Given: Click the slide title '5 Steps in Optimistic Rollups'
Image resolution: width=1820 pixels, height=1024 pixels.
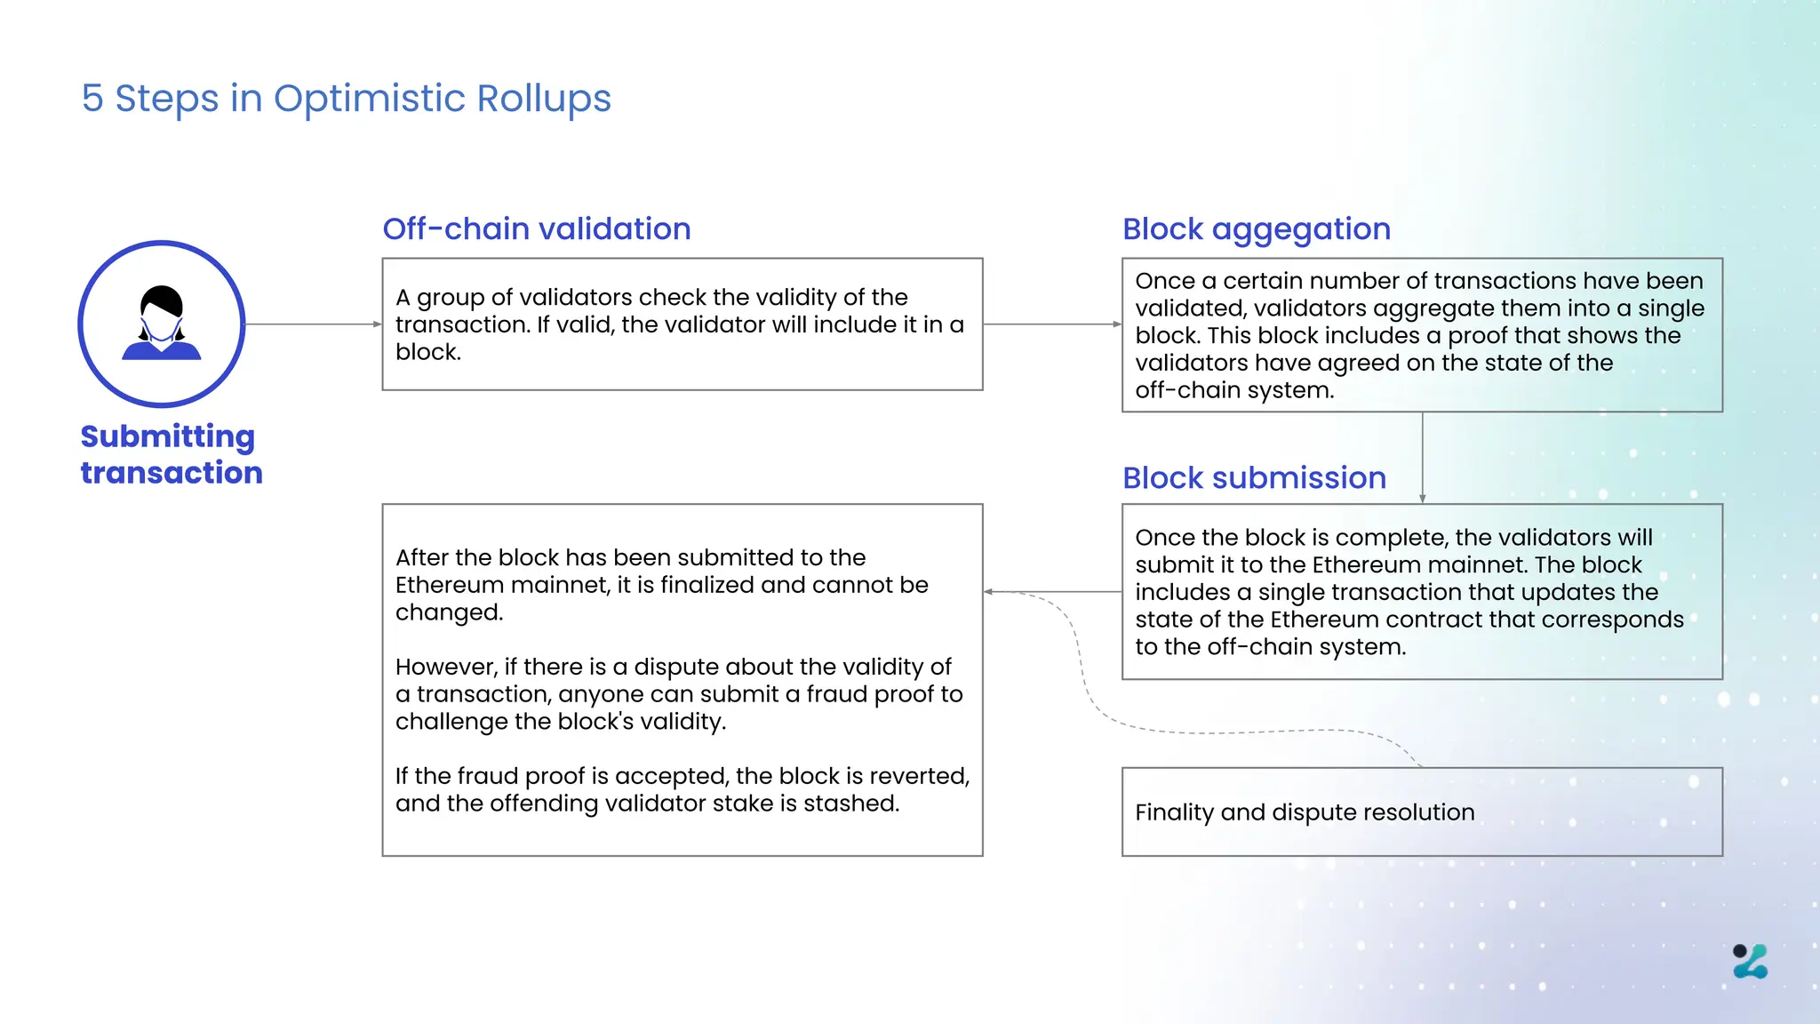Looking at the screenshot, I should coord(346,98).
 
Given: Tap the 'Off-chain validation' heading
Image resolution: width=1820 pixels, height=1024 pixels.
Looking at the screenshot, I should coord(536,228).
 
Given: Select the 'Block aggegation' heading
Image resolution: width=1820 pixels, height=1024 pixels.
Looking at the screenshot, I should coord(1256,228).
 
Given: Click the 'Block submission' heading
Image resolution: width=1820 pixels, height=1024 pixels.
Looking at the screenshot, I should coord(1254,477).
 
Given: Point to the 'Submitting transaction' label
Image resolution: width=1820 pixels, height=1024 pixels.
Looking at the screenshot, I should coord(171,454).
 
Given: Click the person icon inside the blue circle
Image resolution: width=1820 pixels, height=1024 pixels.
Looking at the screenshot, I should coord(162,323).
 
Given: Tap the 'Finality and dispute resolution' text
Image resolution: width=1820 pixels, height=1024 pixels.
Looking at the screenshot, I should coord(1304,812).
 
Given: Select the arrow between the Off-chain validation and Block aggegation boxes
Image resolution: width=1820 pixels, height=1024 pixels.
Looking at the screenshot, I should coord(1052,324).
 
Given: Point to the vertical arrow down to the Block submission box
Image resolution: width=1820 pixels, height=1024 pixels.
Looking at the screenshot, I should coord(1422,458).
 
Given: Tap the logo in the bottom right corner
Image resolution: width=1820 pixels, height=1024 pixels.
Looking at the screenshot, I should coord(1750,961).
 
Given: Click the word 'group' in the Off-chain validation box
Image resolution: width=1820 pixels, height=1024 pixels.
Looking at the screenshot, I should coord(450,298).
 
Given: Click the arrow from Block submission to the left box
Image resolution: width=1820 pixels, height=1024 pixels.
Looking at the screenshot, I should coord(1053,591).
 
